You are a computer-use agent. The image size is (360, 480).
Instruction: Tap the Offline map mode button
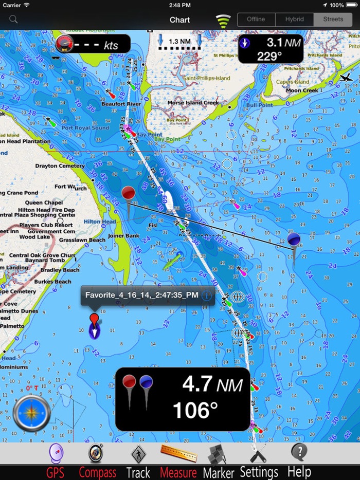pyautogui.click(x=256, y=20)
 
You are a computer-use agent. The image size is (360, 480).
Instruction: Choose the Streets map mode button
pyautogui.click(x=333, y=20)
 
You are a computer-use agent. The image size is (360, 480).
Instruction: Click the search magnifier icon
pyautogui.click(x=13, y=20)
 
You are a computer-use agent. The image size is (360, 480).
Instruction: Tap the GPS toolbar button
pyautogui.click(x=56, y=461)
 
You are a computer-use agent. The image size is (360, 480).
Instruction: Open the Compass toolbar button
pyautogui.click(x=97, y=461)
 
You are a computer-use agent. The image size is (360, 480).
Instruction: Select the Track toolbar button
pyautogui.click(x=138, y=461)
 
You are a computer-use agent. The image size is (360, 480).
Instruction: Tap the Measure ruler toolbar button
pyautogui.click(x=178, y=461)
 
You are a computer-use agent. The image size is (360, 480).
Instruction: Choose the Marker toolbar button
pyautogui.click(x=218, y=461)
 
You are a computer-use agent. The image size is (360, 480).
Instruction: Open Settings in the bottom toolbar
pyautogui.click(x=259, y=461)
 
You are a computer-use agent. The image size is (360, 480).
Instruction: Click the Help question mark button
pyautogui.click(x=299, y=461)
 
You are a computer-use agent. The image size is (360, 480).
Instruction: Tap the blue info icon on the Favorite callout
pyautogui.click(x=207, y=296)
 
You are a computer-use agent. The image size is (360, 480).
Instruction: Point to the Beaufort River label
pyautogui.click(x=121, y=104)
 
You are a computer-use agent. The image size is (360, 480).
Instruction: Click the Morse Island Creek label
pyautogui.click(x=193, y=103)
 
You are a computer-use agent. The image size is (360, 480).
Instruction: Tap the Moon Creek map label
pyautogui.click(x=302, y=90)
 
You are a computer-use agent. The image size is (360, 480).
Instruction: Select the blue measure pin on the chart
pyautogui.click(x=294, y=241)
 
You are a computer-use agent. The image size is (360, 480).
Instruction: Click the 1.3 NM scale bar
pyautogui.click(x=179, y=42)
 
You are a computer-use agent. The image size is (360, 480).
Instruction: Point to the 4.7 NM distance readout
pyautogui.click(x=212, y=384)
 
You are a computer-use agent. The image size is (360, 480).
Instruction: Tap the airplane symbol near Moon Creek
pyautogui.click(x=346, y=78)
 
